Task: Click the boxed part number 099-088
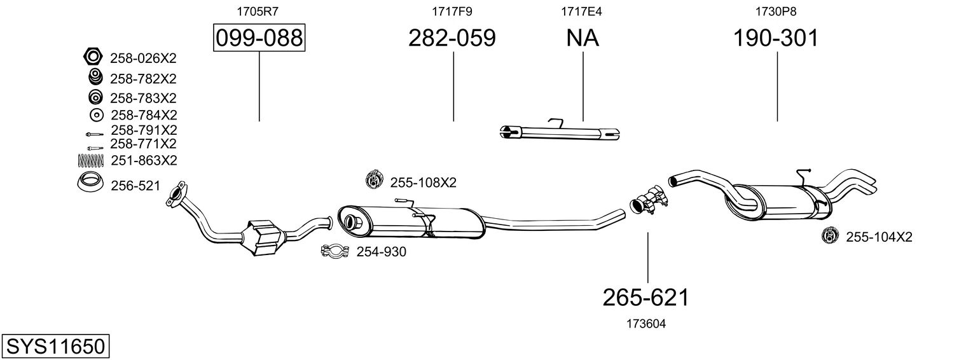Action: [259, 38]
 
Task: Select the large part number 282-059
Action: [452, 38]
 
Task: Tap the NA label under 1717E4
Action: [583, 38]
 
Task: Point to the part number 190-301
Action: [776, 38]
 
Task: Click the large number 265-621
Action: [646, 298]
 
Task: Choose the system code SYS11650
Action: [55, 346]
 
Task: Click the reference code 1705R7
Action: [257, 11]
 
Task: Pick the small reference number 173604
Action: [646, 324]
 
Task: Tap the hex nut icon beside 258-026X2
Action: [92, 57]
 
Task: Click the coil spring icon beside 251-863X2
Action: [91, 160]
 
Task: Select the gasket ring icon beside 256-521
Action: [90, 182]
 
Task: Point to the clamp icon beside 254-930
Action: [335, 251]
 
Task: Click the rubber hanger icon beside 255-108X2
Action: [374, 180]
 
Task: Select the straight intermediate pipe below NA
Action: [560, 132]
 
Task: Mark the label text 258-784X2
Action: [144, 115]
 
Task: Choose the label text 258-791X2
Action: [144, 130]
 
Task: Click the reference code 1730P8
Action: [776, 11]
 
